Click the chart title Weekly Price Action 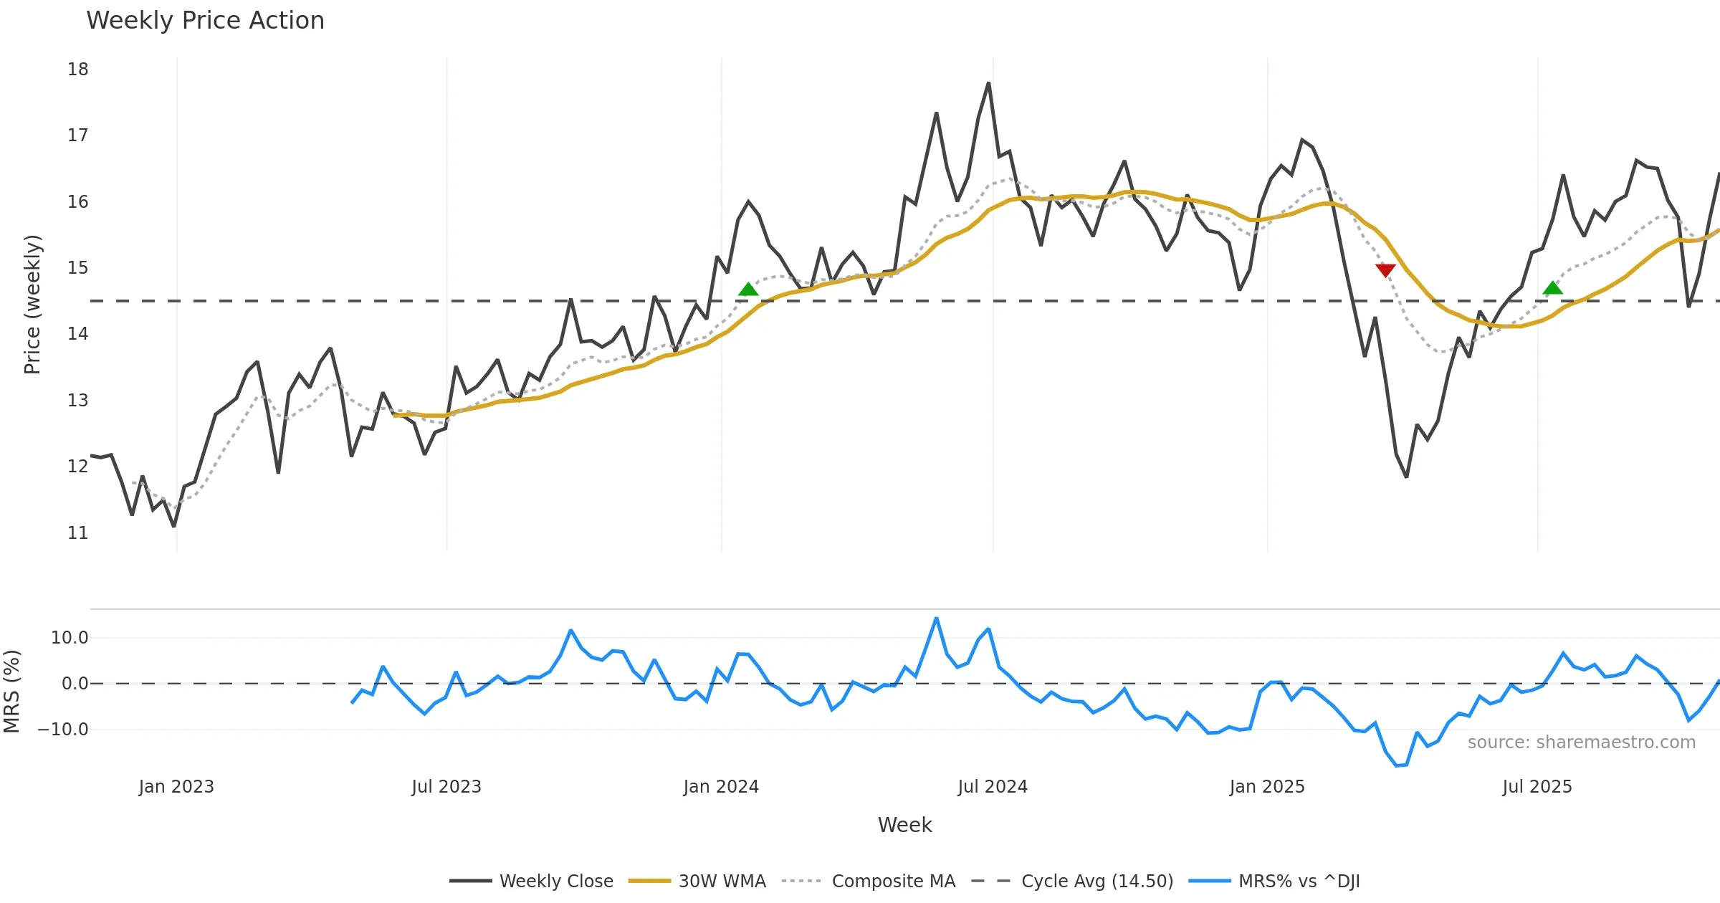205,21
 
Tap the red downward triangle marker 1385,270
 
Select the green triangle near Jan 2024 748,289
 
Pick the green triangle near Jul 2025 1552,288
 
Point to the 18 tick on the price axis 77,70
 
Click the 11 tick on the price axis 77,533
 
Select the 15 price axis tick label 77,268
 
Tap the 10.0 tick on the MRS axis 70,638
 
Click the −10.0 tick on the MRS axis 63,730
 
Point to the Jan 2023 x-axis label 176,787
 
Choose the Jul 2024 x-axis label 993,787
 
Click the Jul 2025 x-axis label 1537,787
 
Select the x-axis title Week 904,826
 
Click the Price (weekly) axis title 33,305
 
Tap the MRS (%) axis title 12,692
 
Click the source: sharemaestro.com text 1581,742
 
